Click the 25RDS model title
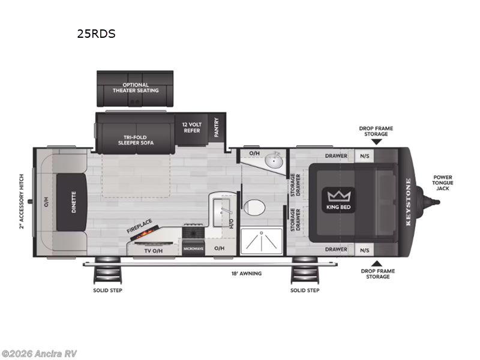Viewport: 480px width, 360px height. click(96, 34)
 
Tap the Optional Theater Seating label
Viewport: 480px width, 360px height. click(136, 88)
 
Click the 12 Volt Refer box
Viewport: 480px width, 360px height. click(193, 127)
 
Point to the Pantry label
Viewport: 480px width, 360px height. click(216, 127)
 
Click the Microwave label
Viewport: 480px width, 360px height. click(193, 248)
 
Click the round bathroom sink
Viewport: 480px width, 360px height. click(277, 160)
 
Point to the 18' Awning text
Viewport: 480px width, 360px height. click(247, 274)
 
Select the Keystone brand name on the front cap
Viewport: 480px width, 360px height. click(408, 202)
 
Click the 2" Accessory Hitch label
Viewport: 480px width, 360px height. click(22, 202)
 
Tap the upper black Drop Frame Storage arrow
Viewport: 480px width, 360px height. click(375, 142)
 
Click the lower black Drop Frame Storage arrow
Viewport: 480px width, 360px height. click(377, 263)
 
